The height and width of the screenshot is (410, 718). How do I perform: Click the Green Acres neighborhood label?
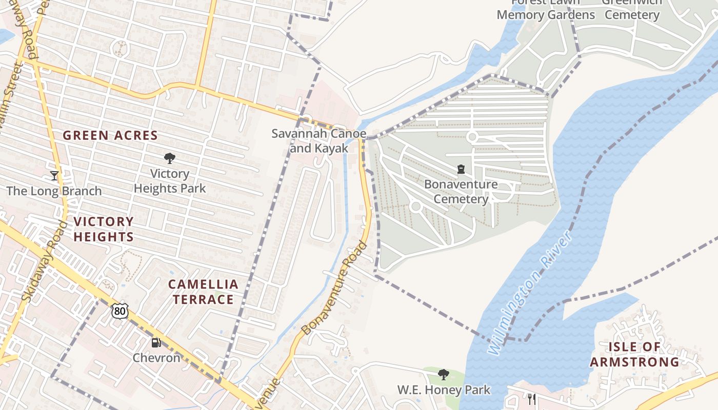coord(110,136)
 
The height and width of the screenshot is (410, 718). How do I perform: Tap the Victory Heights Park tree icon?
coord(170,158)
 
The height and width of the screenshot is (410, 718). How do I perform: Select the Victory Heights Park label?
coord(170,181)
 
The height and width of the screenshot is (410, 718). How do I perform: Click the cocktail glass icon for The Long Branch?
coord(54,176)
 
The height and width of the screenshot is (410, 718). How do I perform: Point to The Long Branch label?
coord(54,191)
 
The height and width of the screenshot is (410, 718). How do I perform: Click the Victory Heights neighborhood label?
coord(104,229)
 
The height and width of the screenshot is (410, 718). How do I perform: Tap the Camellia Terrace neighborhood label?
coord(204,292)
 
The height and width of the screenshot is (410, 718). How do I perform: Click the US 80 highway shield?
coord(120,310)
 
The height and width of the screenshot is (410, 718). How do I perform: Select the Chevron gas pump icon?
coord(156,342)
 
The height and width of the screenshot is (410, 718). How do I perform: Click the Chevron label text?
coord(156,358)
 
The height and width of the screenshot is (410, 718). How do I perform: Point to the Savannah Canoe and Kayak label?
coord(319,141)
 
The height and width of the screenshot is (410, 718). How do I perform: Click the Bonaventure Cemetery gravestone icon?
coord(461,169)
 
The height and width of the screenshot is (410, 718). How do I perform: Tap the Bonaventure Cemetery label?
coord(461,191)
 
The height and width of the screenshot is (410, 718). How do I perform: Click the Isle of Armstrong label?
coord(634,354)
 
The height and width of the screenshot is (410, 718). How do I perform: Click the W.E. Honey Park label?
coord(444,390)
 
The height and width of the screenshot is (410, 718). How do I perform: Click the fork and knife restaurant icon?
coord(532,399)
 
